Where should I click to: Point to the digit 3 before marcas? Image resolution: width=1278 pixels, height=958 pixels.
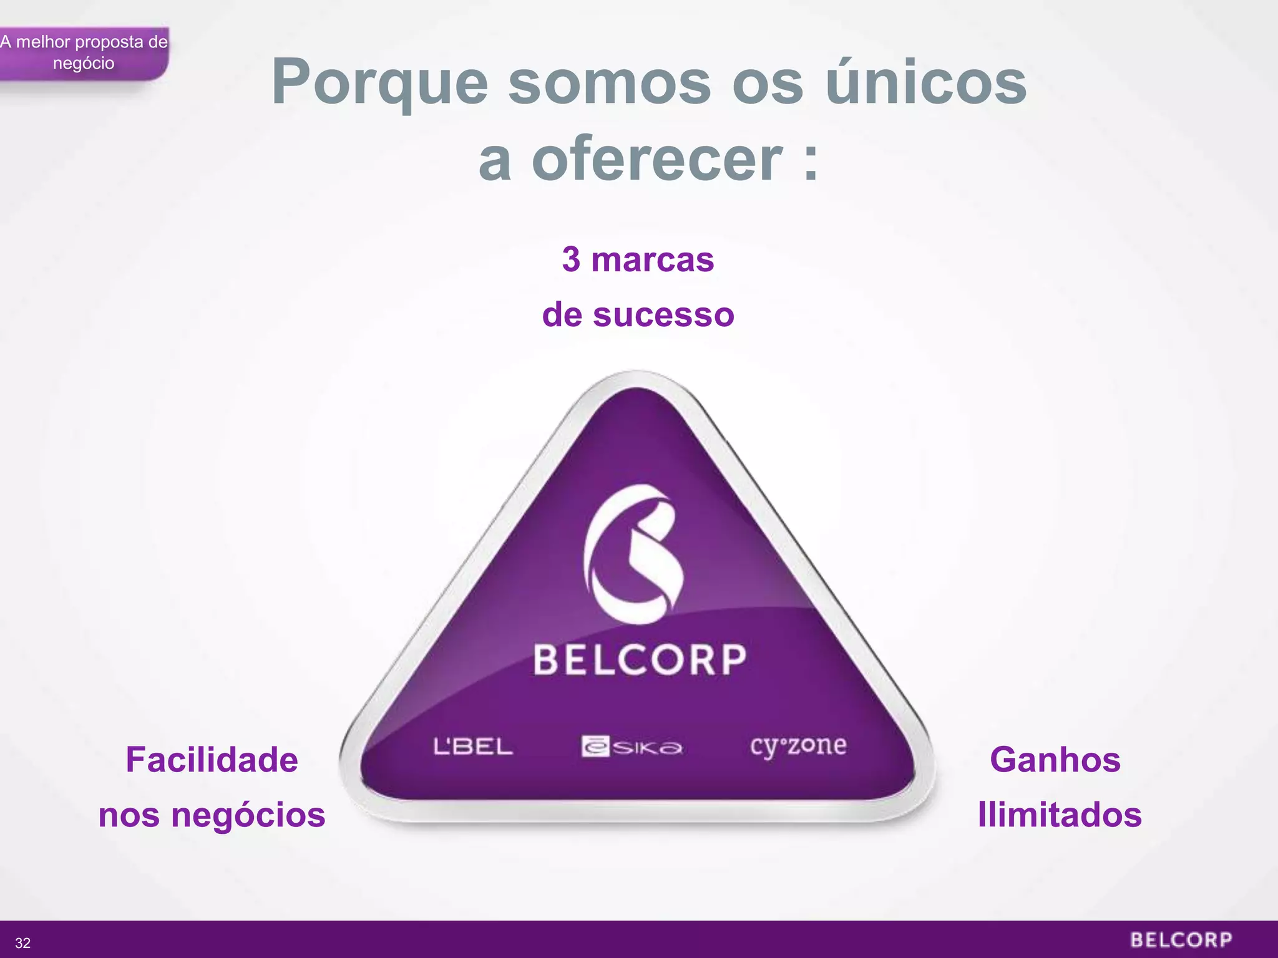click(x=571, y=259)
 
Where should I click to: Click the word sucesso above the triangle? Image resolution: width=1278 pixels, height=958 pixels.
click(x=663, y=314)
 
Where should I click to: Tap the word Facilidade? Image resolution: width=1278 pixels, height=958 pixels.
click(x=212, y=760)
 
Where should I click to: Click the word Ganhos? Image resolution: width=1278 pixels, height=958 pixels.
click(x=1055, y=760)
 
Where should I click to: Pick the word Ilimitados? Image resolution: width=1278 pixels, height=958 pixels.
click(x=1060, y=815)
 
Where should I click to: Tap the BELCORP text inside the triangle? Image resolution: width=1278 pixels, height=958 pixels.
click(x=640, y=660)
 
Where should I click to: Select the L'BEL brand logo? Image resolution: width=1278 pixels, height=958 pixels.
click(x=473, y=747)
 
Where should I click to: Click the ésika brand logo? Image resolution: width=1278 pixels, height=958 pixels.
click(x=632, y=747)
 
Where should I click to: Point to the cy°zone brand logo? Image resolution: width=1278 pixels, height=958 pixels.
click(x=798, y=746)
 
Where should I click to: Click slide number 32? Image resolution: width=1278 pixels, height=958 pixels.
click(x=22, y=943)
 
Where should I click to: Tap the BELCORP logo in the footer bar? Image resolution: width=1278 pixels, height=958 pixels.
click(x=1181, y=940)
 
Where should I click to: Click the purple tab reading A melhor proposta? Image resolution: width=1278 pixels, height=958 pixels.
click(x=84, y=53)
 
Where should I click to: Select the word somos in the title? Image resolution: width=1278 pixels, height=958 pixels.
click(x=609, y=82)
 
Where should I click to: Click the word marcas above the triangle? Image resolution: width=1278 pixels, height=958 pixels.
click(x=652, y=259)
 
